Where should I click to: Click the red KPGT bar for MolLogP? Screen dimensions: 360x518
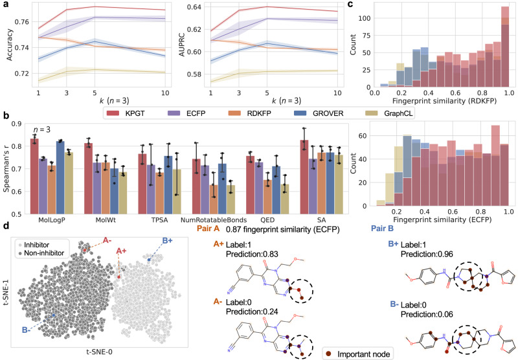point(34,176)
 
